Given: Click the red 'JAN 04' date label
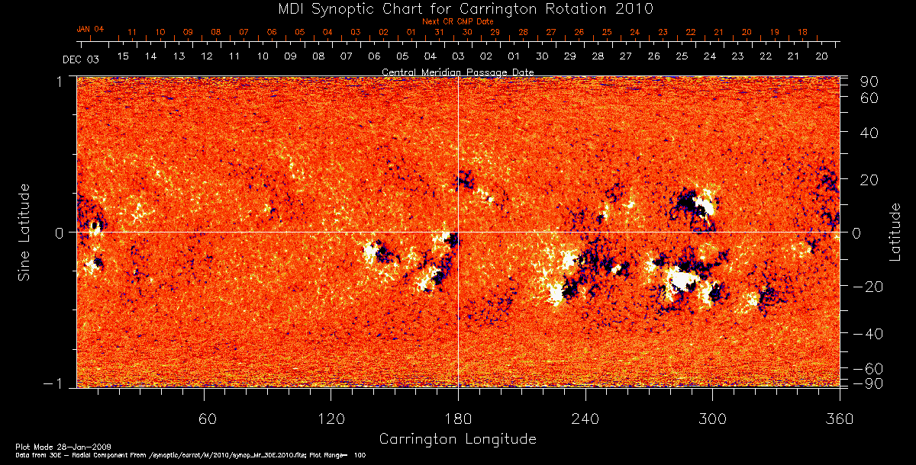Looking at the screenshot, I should [90, 29].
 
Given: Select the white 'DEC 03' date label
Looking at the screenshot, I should [81, 59].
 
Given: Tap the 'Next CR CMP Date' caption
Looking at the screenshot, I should [457, 21].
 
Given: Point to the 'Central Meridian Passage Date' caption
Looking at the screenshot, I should [457, 72].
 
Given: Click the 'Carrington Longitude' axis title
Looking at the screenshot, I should [457, 439].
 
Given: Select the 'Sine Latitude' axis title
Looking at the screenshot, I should [24, 231].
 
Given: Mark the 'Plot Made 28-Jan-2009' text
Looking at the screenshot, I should [47, 445].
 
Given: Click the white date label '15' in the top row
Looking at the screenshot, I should [122, 56].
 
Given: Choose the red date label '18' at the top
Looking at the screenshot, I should [802, 33].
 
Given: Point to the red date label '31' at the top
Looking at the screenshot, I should [439, 33].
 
